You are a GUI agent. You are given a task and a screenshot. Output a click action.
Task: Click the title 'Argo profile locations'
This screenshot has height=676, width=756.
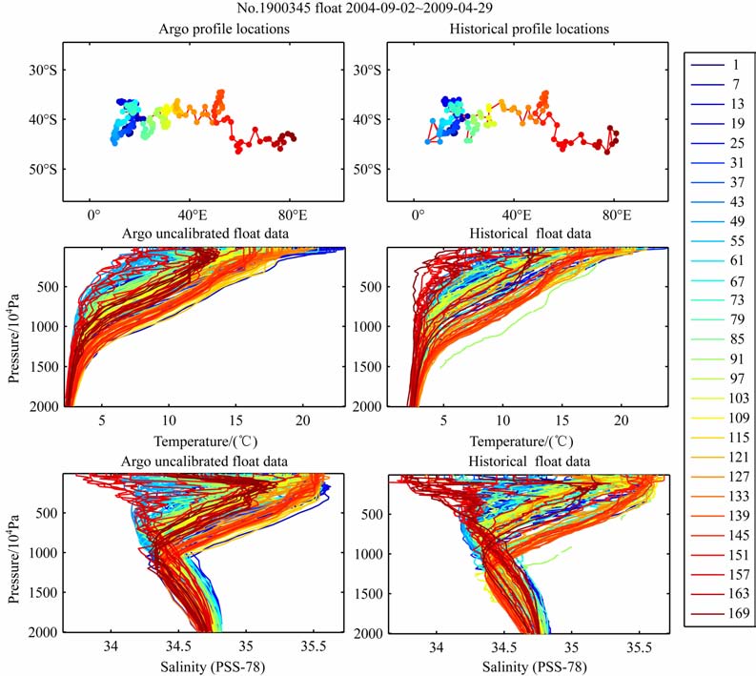click(x=225, y=29)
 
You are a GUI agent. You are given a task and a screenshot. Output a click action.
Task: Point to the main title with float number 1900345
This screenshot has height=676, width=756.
click(x=377, y=9)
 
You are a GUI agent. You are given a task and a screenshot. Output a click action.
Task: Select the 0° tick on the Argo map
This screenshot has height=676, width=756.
click(x=92, y=215)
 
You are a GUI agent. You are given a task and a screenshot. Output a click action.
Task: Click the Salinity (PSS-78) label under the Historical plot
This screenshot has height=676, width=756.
click(x=527, y=666)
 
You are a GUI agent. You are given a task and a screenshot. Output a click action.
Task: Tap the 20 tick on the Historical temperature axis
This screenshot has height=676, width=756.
click(x=621, y=420)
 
